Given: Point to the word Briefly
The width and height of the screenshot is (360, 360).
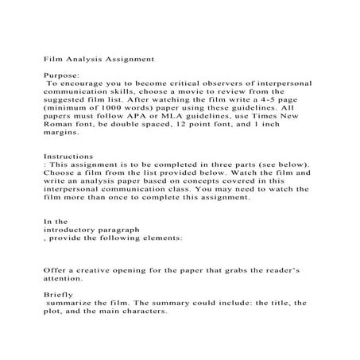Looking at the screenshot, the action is coord(58,293).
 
